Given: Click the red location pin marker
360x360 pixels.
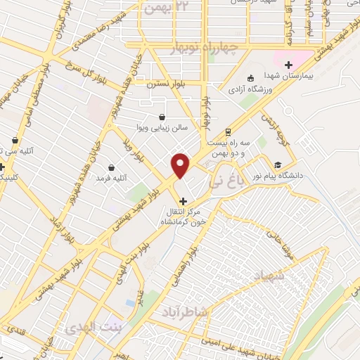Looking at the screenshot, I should click(181, 165).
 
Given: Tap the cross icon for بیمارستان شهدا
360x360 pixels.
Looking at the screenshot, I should click(288, 65).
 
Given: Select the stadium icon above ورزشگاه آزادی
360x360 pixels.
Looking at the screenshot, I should click(252, 79).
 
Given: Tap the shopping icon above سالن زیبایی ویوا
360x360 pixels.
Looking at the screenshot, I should click(163, 117).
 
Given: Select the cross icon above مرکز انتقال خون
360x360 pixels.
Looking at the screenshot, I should click(183, 201).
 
